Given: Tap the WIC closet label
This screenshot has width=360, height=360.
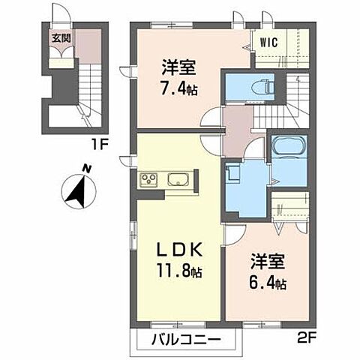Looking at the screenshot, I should [x=271, y=42].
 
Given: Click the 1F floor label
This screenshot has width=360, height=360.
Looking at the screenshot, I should [x=114, y=140].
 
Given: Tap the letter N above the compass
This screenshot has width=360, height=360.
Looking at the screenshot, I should [x=88, y=169].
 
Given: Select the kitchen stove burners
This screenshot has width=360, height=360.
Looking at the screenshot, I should [x=146, y=181].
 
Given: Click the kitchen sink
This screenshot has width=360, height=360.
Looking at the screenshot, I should [x=178, y=181].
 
